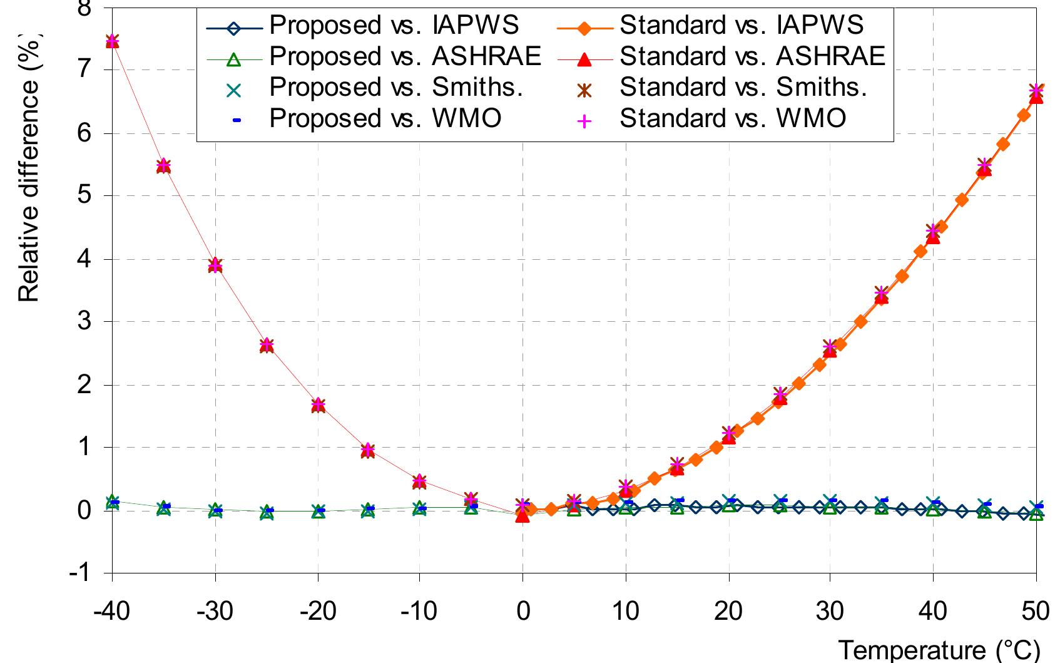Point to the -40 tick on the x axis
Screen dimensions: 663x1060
(112, 610)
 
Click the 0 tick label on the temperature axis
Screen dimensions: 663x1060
(523, 610)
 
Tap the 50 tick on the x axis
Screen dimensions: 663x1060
(1036, 610)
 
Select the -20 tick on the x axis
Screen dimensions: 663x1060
(317, 610)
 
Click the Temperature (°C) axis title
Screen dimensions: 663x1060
(938, 650)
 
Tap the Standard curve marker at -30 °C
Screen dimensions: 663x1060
(215, 265)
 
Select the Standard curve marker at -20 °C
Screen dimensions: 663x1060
(318, 405)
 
